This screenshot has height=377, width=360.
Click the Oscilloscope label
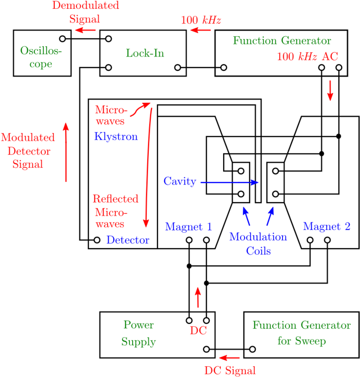(41, 57)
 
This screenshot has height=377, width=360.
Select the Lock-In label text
(145, 53)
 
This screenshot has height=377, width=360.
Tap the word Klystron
(116, 136)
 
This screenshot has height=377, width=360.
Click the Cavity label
(180, 181)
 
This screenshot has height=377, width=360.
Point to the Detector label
(128, 240)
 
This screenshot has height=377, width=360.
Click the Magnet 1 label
(188, 226)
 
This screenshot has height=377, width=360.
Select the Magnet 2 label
(327, 226)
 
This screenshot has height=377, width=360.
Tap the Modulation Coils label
(258, 243)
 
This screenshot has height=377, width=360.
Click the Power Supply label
(139, 333)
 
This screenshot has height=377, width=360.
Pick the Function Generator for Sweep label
(302, 333)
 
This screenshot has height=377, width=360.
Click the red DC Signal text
(230, 370)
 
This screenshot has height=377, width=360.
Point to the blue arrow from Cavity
(230, 183)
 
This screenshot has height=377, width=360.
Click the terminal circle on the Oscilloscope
(63, 38)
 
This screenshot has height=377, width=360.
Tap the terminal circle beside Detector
(97, 240)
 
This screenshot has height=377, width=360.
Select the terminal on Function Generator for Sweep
(252, 349)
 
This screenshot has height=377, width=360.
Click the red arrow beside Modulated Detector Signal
(66, 152)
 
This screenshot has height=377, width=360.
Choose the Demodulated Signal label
(85, 12)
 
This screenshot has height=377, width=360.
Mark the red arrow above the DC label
(198, 297)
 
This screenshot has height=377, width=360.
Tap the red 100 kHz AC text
(308, 57)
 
